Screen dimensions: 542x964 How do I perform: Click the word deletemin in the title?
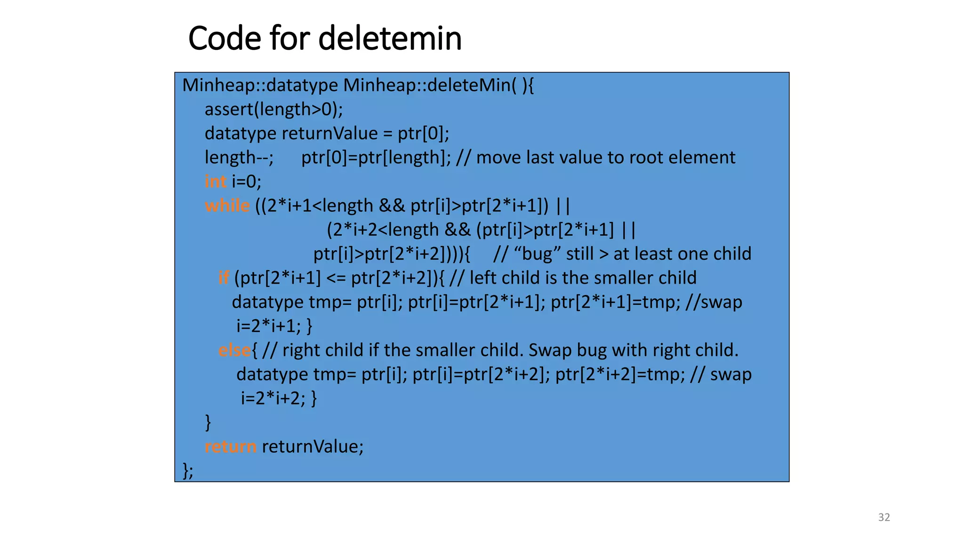390,38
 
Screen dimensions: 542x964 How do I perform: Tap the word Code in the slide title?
224,38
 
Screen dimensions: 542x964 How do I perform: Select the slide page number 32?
884,517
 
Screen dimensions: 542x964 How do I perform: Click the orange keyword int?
216,181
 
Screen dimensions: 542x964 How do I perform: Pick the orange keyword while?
227,206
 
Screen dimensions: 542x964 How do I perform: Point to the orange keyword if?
224,278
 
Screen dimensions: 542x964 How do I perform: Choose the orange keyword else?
234,350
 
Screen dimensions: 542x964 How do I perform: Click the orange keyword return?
231,446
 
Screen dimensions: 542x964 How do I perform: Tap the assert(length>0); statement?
273,109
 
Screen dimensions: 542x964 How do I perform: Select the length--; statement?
239,157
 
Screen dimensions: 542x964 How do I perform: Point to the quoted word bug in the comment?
538,254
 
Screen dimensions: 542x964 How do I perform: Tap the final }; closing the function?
188,470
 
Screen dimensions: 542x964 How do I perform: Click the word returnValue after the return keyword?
313,446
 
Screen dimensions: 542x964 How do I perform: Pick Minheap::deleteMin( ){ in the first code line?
438,85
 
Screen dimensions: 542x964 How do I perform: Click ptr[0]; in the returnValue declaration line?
423,133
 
